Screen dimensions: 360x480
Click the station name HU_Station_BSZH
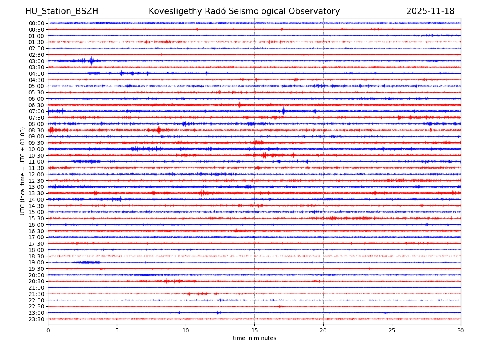(x=62, y=12)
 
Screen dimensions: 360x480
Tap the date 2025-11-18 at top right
(x=430, y=12)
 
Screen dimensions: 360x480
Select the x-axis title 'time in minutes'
(x=254, y=338)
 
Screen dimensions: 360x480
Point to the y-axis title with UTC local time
(x=23, y=171)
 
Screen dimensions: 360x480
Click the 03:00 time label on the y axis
(x=36, y=61)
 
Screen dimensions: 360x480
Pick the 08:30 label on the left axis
(x=36, y=130)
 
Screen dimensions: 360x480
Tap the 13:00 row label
(x=36, y=187)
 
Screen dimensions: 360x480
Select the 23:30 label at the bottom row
(x=36, y=319)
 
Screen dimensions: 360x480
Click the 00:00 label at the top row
(x=36, y=23)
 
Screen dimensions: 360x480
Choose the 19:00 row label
(x=36, y=262)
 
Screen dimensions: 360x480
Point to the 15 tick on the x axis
(x=254, y=331)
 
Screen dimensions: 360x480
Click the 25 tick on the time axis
(x=392, y=331)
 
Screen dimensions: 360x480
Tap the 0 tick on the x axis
(x=48, y=331)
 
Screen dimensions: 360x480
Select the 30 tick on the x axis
(x=461, y=331)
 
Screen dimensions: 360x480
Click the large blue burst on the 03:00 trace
(x=92, y=61)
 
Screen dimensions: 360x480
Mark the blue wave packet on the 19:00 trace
(x=86, y=262)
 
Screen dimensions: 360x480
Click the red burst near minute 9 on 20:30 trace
(x=172, y=281)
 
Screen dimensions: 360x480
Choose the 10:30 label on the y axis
(x=36, y=156)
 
